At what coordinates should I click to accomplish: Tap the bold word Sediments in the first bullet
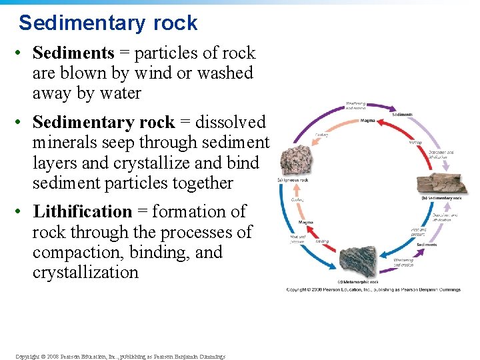pyautogui.click(x=73, y=53)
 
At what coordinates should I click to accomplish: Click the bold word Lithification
pyautogui.click(x=82, y=212)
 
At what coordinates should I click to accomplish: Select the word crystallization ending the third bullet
pyautogui.click(x=85, y=273)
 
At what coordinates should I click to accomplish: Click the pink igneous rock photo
pyautogui.click(x=294, y=160)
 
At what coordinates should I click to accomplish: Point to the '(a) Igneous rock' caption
pyautogui.click(x=293, y=180)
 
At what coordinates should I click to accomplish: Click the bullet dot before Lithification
pyautogui.click(x=22, y=212)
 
